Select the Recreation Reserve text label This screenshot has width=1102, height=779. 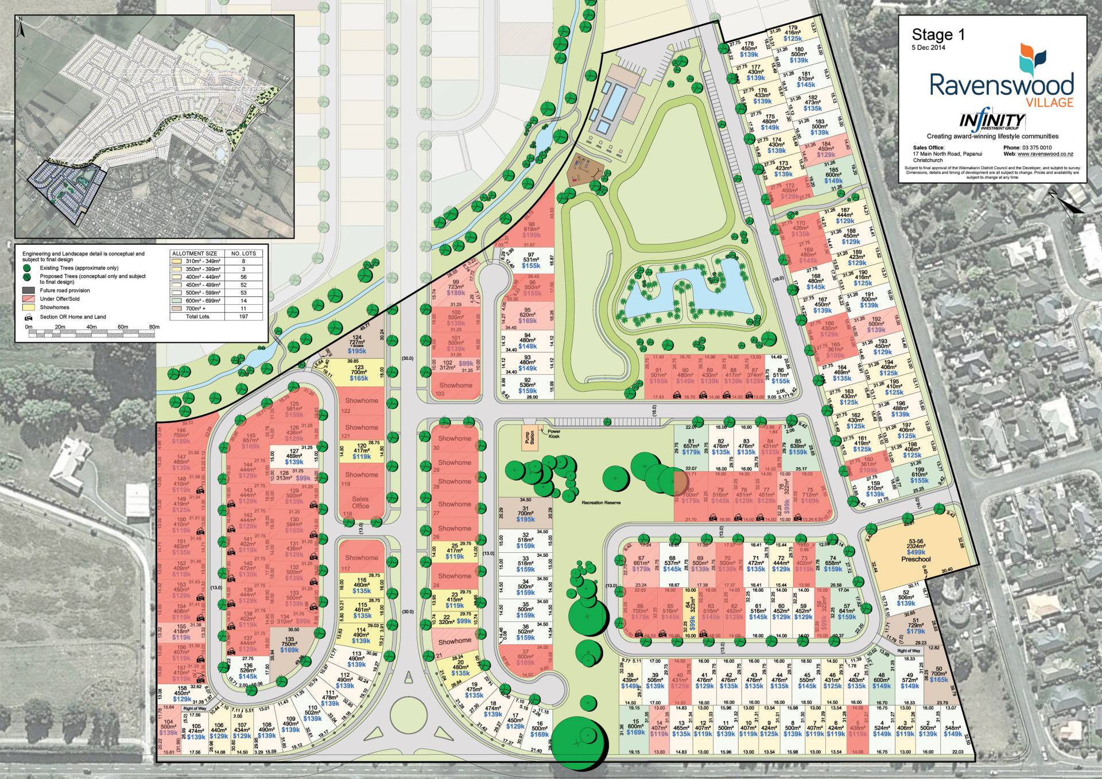(601, 502)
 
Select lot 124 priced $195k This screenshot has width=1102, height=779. (357, 344)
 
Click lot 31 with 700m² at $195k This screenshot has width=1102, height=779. (526, 513)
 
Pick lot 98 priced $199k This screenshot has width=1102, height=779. (531, 230)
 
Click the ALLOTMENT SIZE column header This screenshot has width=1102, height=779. (195, 253)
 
